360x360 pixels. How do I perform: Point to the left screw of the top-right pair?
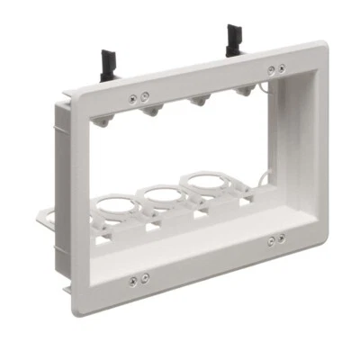click(272, 69)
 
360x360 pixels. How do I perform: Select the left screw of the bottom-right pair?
click(272, 240)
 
